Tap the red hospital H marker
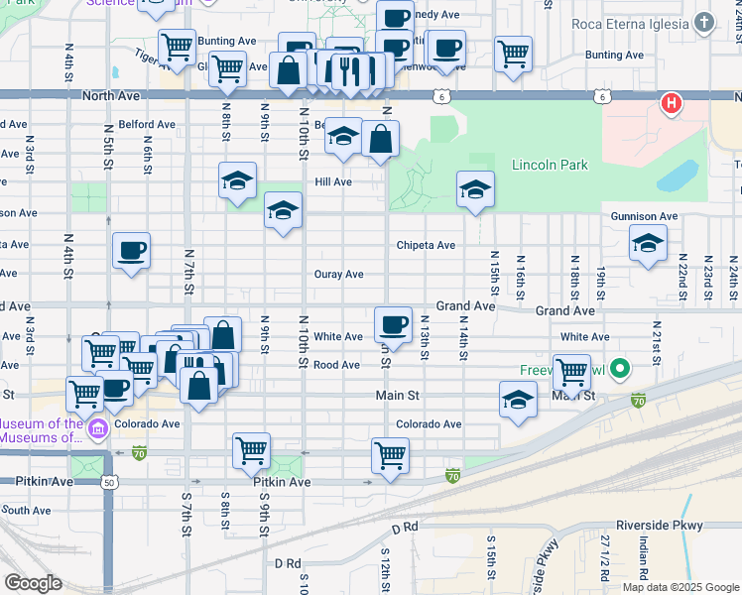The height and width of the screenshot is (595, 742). [x=672, y=103]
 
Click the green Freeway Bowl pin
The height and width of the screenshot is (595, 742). [x=621, y=370]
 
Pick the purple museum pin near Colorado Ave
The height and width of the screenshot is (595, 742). [x=98, y=428]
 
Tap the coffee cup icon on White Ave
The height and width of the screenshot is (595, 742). [x=394, y=324]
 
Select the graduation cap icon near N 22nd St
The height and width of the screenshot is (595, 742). [x=648, y=242]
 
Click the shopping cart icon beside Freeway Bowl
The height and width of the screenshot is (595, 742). [x=571, y=372]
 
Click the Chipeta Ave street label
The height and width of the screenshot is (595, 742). [x=426, y=245]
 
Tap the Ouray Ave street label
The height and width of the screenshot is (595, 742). [x=338, y=274]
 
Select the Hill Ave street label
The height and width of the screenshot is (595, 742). [x=333, y=182]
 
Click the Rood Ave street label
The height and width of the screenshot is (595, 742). [x=336, y=365]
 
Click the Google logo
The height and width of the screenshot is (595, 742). [x=33, y=583]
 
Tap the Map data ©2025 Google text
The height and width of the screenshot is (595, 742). [x=680, y=587]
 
